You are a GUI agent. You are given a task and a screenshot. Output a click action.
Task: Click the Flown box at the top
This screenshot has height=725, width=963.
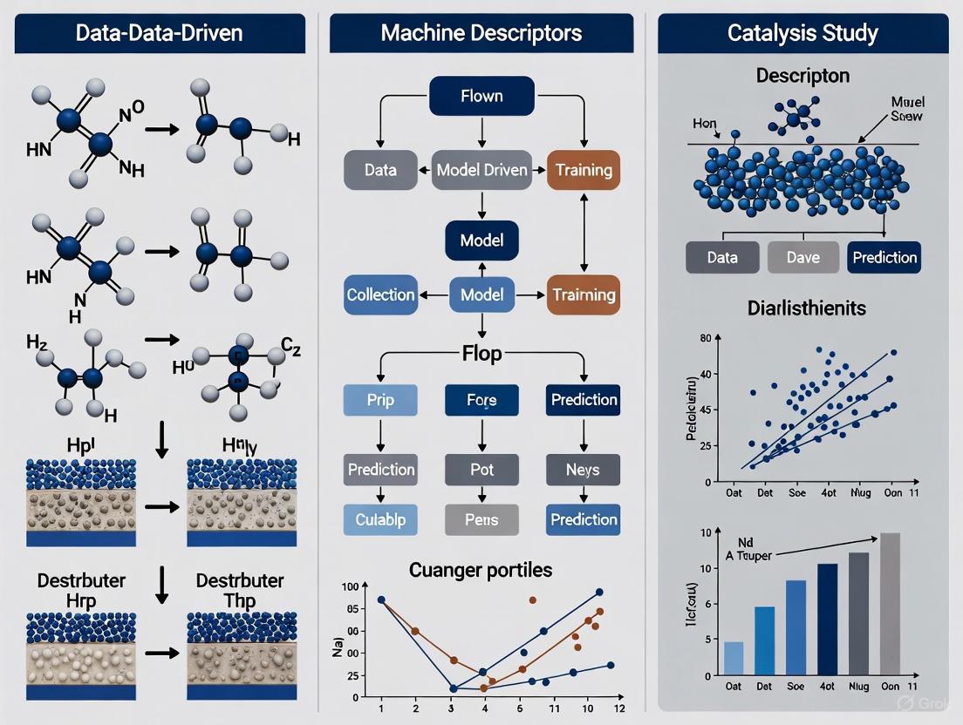481,95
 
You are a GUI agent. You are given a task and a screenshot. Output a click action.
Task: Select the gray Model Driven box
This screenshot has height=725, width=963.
481,170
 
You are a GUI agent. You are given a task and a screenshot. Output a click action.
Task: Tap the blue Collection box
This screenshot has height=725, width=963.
380,295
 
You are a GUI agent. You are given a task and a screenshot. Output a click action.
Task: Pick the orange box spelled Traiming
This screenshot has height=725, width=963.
583,295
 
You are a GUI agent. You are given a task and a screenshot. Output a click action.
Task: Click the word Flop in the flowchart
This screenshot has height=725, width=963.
481,354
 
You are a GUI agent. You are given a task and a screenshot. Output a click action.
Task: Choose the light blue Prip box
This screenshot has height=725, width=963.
380,400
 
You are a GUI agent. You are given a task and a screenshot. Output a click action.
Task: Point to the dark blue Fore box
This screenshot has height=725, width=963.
481,400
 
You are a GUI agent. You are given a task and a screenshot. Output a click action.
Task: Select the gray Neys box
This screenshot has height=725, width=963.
583,470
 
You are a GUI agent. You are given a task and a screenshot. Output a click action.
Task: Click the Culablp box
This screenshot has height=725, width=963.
380,519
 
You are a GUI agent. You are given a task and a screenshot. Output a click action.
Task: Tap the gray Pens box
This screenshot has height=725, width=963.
481,519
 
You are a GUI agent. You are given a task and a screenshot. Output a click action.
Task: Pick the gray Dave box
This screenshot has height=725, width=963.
802,257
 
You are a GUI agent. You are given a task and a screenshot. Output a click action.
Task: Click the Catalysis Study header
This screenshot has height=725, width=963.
802,34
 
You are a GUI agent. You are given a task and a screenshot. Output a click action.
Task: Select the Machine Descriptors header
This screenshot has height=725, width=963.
481,34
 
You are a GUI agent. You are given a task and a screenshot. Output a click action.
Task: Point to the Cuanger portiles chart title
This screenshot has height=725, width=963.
481,570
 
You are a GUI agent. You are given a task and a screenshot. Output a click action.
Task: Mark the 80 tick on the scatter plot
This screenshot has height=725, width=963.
706,336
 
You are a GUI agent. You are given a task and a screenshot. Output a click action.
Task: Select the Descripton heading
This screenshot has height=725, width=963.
802,77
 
